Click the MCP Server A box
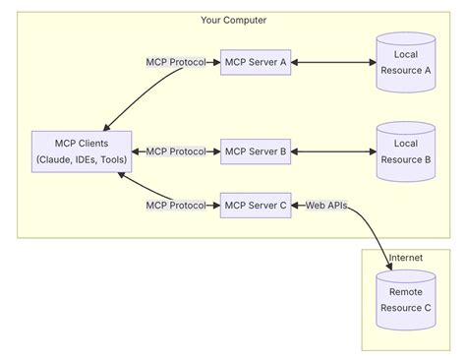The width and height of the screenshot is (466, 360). pyautogui.click(x=256, y=63)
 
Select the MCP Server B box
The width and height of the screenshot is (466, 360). pyautogui.click(x=256, y=151)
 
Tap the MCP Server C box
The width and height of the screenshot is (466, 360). pyautogui.click(x=256, y=206)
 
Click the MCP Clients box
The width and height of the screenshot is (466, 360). pyautogui.click(x=74, y=151)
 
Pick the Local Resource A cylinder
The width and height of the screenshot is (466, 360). pyautogui.click(x=406, y=63)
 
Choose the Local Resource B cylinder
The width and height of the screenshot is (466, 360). pyautogui.click(x=406, y=151)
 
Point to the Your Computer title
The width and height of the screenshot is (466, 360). pyautogui.click(x=233, y=20)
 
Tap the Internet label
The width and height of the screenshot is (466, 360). pyautogui.click(x=406, y=259)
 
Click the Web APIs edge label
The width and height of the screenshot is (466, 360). pyautogui.click(x=325, y=206)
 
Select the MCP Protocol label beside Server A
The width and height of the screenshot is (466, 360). pyautogui.click(x=176, y=63)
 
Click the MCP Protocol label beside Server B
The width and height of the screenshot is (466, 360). pyautogui.click(x=176, y=151)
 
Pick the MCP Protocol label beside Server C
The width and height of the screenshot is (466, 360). pyautogui.click(x=176, y=206)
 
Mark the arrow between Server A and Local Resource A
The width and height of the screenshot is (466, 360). pyautogui.click(x=333, y=63)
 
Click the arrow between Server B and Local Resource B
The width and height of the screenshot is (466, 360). pyautogui.click(x=333, y=151)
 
